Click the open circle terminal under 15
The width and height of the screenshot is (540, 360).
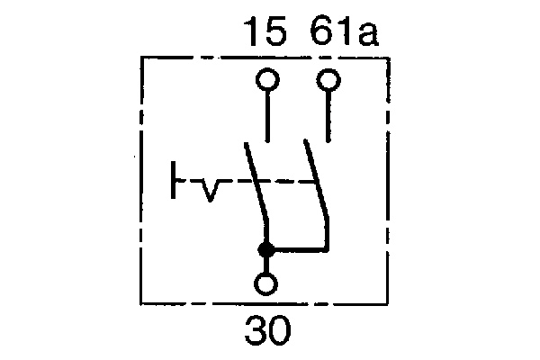[x=267, y=83]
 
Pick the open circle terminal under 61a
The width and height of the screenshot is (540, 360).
[x=329, y=83]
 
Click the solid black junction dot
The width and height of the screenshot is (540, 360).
[x=266, y=249]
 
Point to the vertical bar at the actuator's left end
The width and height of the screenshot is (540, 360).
[x=174, y=181]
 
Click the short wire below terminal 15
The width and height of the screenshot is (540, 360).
[x=267, y=117]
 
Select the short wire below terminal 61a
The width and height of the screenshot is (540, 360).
[x=329, y=117]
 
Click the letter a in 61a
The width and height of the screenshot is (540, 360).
[x=368, y=35]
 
